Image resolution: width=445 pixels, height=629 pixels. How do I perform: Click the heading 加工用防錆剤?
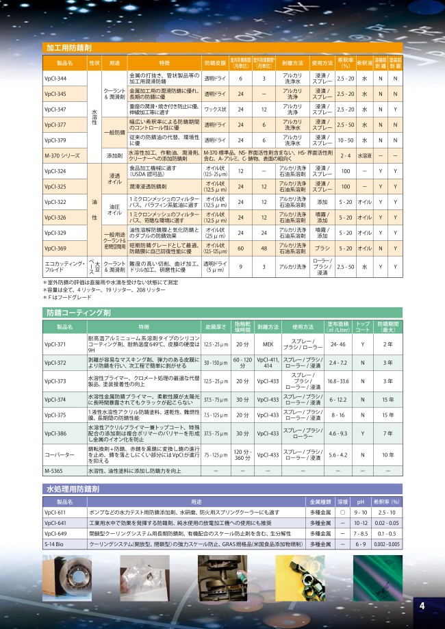point(69,48)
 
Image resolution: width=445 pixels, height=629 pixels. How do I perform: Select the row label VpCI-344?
point(55,79)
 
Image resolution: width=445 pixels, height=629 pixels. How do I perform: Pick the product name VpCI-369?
point(55,248)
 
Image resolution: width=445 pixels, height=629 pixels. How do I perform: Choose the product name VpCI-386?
point(55,433)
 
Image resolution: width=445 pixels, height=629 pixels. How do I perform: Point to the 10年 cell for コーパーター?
point(387,454)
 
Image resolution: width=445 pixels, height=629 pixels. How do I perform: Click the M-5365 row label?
point(55,471)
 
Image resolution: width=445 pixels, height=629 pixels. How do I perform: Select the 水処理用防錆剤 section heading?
point(73,490)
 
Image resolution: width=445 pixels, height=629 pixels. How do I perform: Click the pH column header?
point(361,502)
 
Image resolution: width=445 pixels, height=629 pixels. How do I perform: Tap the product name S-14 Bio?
point(55,543)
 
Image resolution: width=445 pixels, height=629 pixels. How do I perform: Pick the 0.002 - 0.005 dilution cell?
point(387,543)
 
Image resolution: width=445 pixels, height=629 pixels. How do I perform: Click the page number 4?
point(422,605)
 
